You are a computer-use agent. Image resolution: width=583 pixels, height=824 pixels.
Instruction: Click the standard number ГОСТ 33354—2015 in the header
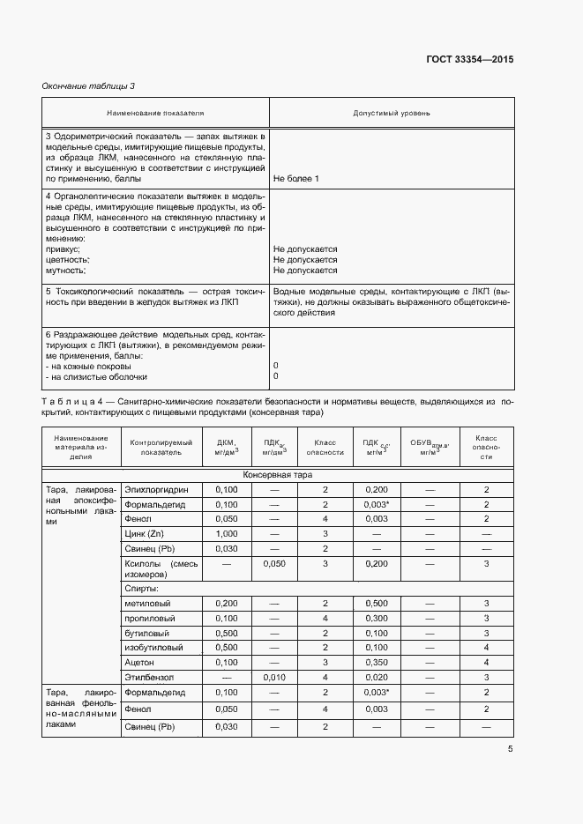point(468,60)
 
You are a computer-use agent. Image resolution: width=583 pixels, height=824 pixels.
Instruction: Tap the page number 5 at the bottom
point(510,749)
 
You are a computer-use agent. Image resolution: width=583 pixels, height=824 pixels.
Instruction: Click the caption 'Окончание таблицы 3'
point(88,85)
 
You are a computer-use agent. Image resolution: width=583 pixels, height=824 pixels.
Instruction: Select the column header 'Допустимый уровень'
point(392,114)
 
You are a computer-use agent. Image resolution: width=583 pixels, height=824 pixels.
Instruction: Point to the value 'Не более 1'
point(296,179)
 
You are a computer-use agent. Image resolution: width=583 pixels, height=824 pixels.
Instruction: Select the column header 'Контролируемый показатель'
point(155,446)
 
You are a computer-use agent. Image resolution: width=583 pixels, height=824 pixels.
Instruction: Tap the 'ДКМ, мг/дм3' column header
point(227,446)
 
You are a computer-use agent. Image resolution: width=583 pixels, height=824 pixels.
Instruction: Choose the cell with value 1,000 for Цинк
point(227,534)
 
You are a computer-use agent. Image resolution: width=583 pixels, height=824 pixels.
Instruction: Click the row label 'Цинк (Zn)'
point(145,534)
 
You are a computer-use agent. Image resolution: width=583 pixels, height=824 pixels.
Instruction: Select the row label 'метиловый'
point(147,603)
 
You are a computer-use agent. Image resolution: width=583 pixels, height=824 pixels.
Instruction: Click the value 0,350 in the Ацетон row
point(376,662)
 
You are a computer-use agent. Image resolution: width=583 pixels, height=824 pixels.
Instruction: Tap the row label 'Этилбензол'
point(149,677)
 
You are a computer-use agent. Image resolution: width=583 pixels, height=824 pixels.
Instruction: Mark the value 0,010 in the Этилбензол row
point(274,677)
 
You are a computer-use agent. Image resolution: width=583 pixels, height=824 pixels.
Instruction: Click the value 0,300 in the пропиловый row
point(376,618)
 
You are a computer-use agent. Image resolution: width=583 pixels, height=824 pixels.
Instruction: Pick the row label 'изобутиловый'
point(153,647)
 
